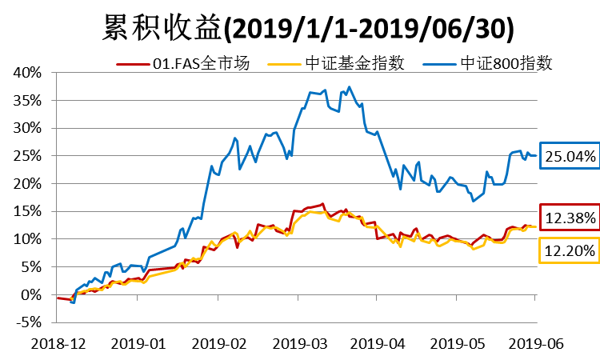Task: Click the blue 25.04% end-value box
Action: (570, 156)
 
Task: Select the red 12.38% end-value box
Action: (570, 218)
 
